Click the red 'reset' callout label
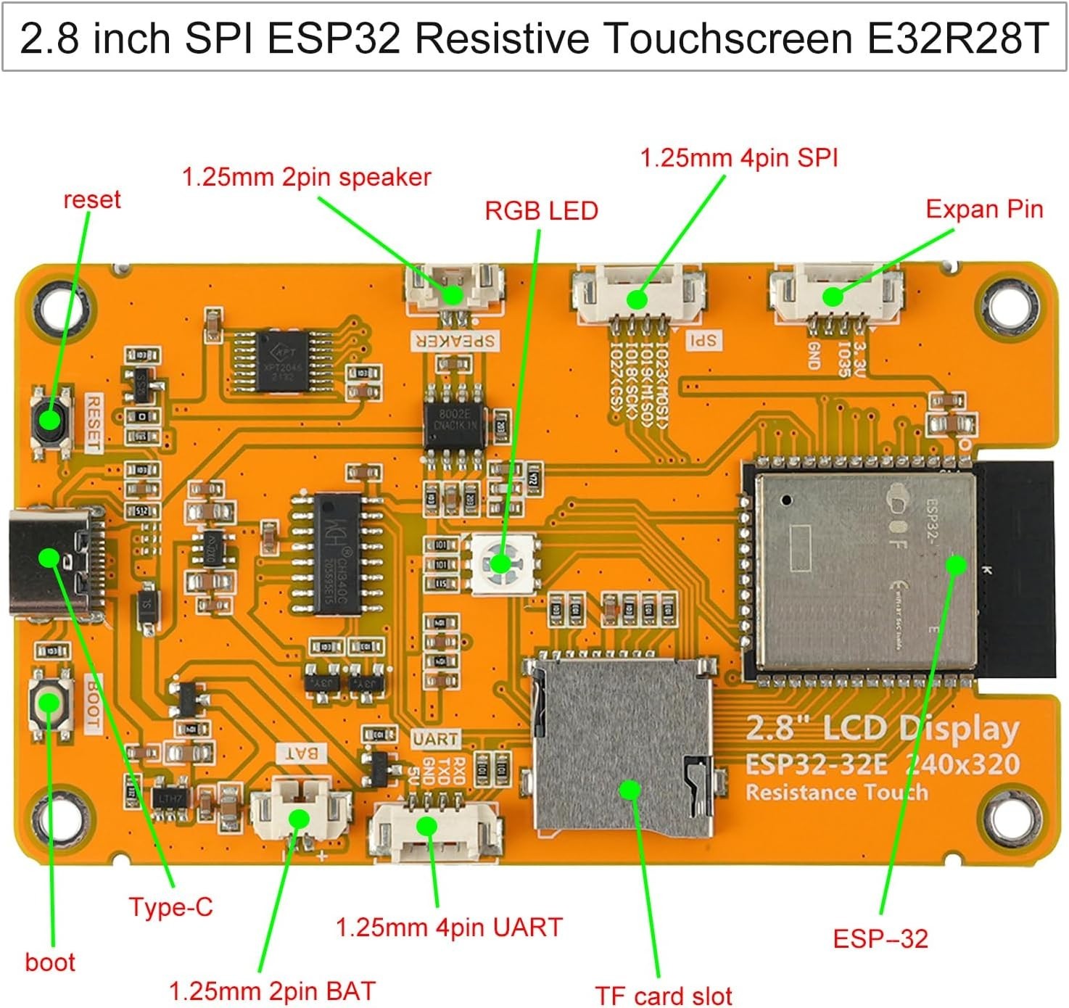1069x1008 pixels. coord(91,199)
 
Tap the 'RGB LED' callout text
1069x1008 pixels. coord(541,211)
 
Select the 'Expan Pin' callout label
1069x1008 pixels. coord(983,209)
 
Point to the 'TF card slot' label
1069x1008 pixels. coord(663,996)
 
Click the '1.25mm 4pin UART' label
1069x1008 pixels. coord(449,928)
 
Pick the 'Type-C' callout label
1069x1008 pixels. coord(171,907)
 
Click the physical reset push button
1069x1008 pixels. coord(50,421)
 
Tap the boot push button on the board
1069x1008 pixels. coord(50,703)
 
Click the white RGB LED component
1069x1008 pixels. coord(502,563)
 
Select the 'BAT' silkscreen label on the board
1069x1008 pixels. coord(301,753)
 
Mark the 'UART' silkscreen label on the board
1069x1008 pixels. coord(435,739)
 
